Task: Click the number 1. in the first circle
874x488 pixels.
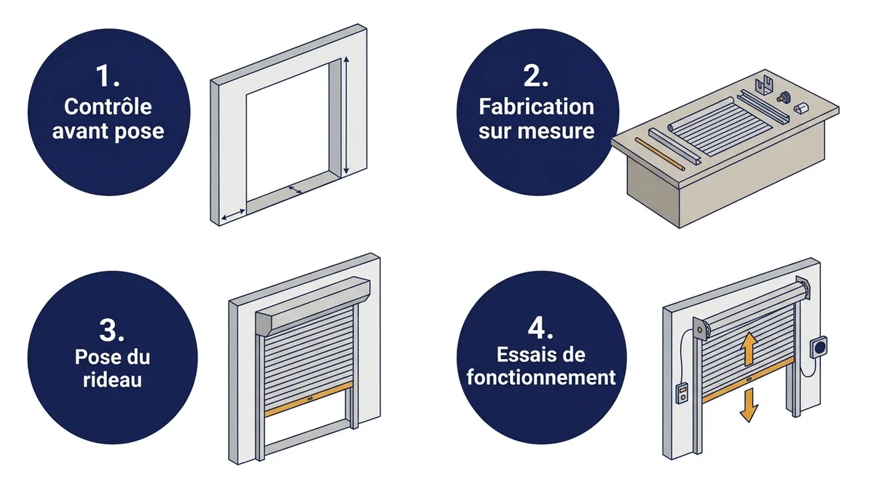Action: tap(108, 76)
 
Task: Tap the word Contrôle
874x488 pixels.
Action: tap(108, 106)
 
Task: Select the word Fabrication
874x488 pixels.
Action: tap(537, 106)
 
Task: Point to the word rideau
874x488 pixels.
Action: tap(112, 379)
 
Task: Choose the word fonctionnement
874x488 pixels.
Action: tap(540, 377)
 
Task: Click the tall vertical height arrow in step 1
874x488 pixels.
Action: tap(346, 116)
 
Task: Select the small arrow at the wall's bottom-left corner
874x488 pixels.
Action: tap(233, 215)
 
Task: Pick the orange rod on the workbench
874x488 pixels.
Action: tap(660, 154)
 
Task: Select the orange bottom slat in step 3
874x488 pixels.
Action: tap(309, 399)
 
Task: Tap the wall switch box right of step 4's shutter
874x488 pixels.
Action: tap(818, 347)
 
